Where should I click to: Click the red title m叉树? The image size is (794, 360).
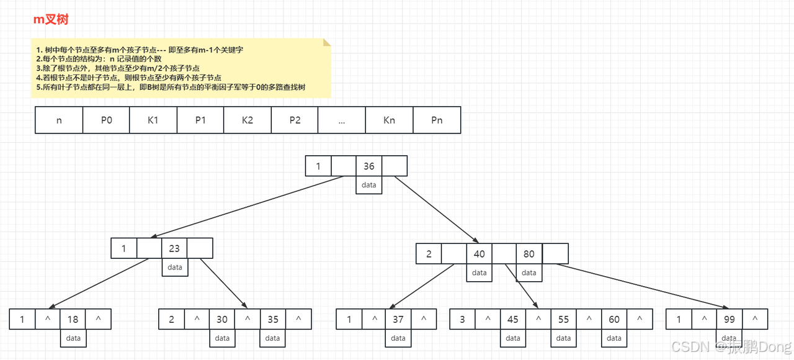[51, 20]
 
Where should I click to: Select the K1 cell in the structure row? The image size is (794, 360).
[153, 120]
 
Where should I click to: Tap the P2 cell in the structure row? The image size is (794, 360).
[295, 120]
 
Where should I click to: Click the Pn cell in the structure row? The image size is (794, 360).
[437, 120]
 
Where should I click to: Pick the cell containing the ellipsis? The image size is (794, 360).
[342, 120]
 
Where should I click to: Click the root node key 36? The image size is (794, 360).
[369, 166]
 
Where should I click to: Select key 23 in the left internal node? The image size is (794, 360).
[174, 248]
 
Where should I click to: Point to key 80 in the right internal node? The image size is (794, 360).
[529, 254]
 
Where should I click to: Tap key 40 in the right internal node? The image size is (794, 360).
[479, 254]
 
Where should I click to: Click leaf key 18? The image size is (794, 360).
[73, 320]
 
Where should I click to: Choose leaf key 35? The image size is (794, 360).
[273, 320]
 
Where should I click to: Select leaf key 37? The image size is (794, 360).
[399, 320]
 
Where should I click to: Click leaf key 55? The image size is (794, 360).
[563, 320]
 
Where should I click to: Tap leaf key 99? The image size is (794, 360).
[729, 320]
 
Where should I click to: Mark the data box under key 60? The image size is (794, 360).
[614, 338]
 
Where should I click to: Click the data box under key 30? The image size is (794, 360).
[222, 338]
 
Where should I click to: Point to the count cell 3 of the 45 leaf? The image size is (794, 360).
[462, 320]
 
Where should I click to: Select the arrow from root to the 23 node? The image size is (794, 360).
[248, 207]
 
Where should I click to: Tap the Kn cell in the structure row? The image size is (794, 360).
[389, 120]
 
